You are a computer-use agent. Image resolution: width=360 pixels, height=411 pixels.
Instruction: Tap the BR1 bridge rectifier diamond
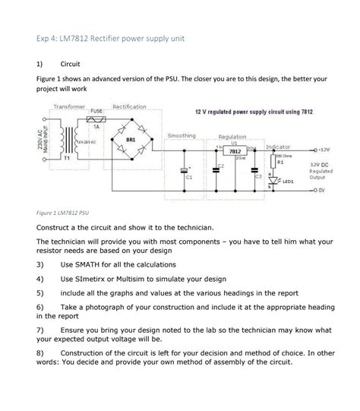coord(130,140)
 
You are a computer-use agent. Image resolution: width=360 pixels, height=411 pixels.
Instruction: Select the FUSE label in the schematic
coord(96,111)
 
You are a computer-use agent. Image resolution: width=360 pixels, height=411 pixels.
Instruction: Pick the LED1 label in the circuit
coord(288,182)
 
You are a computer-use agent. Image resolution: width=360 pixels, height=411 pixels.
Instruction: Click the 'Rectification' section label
coord(129,107)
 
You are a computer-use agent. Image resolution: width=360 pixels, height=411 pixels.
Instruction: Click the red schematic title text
coord(254,112)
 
